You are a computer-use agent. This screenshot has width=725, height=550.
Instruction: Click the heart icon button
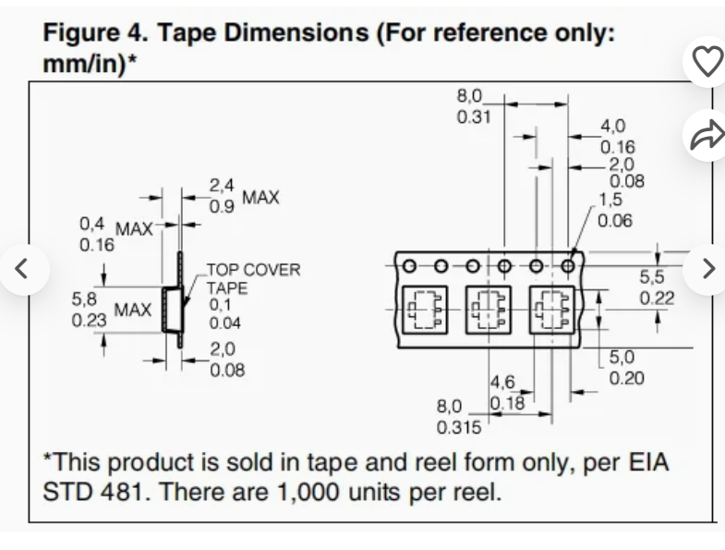707,62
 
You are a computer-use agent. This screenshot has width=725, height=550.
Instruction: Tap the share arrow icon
707,135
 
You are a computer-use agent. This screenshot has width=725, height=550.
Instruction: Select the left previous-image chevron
25,269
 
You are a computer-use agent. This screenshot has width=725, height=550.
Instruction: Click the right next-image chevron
707,269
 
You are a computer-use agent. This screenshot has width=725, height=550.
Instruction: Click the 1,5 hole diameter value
610,199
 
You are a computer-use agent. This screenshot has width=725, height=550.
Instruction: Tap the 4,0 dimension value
613,127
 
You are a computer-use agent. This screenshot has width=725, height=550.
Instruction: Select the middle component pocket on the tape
488,309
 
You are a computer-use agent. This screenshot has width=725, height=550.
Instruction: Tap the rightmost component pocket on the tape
552,309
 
